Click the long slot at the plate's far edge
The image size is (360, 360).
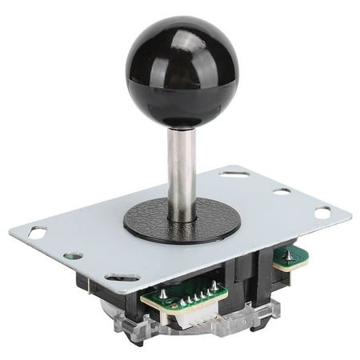pos(235,174)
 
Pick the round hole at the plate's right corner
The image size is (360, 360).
pos(322,213)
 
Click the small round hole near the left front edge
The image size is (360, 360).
pos(73,257)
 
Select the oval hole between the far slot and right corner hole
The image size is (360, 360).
pos(282,191)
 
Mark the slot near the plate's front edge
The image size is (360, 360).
pos(122,277)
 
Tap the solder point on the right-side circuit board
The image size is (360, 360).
pos(286,254)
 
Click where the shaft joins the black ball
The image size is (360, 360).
pos(182,126)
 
